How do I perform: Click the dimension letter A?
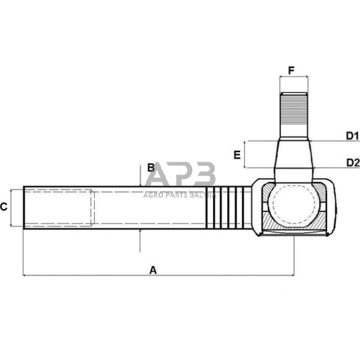152,269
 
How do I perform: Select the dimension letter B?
150,168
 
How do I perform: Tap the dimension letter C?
4,207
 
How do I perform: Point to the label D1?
351,135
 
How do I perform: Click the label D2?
351,162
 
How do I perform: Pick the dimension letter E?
236,155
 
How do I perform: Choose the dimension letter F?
291,70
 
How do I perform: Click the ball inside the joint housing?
293,207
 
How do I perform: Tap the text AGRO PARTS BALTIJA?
180,195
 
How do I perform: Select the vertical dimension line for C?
13,207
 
